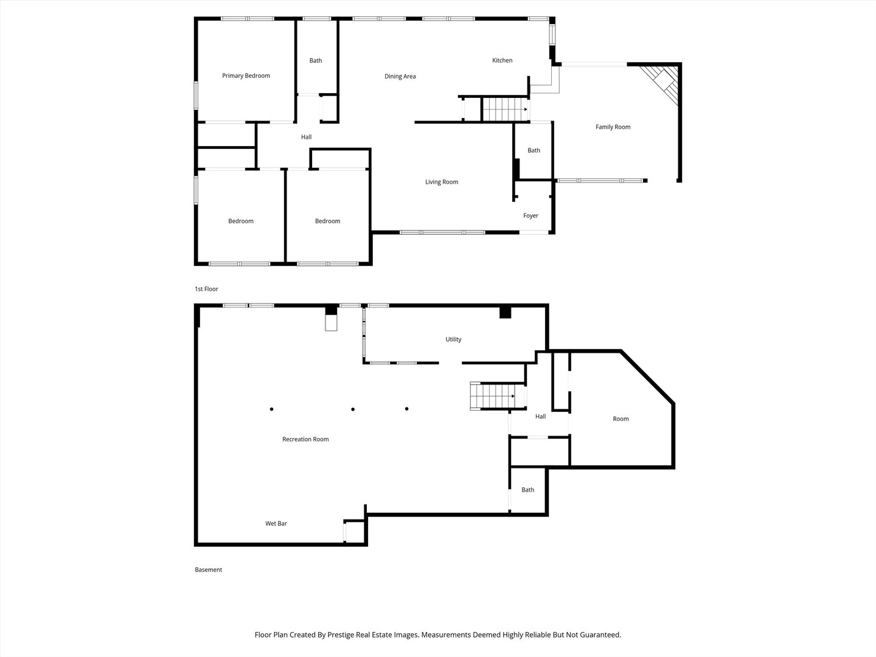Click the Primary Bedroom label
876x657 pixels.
[x=246, y=76]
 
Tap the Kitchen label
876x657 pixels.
[x=502, y=60]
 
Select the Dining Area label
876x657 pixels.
[x=400, y=77]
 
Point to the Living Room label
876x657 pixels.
[x=442, y=182]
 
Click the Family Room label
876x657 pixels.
[x=613, y=127]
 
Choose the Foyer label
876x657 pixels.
[x=530, y=216]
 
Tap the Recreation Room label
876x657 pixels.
[x=305, y=439]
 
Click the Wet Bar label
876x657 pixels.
[x=276, y=524]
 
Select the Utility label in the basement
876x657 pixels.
[x=453, y=339]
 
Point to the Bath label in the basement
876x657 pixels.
[x=528, y=490]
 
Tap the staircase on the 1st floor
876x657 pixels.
[x=504, y=109]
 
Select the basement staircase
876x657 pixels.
[x=494, y=396]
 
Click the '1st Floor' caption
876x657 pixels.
[x=206, y=289]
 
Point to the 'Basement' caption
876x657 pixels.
[x=209, y=570]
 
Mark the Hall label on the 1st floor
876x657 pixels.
[x=307, y=137]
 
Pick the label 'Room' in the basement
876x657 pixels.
[x=620, y=419]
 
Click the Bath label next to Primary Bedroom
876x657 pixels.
[x=316, y=61]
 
